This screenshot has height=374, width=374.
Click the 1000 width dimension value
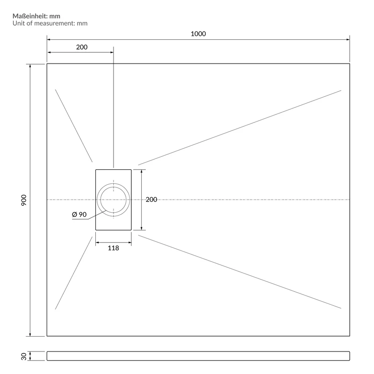[198, 34]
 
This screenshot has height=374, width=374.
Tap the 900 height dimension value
[24, 200]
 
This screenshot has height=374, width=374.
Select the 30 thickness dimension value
[24, 356]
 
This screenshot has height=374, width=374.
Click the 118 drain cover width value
[113, 248]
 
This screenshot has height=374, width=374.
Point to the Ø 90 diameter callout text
[79, 215]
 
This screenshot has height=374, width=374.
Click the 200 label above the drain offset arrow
[82, 47]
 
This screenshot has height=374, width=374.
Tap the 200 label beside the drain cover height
[151, 200]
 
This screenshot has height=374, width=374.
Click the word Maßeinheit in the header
[30, 16]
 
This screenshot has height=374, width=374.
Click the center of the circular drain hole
[113, 200]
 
